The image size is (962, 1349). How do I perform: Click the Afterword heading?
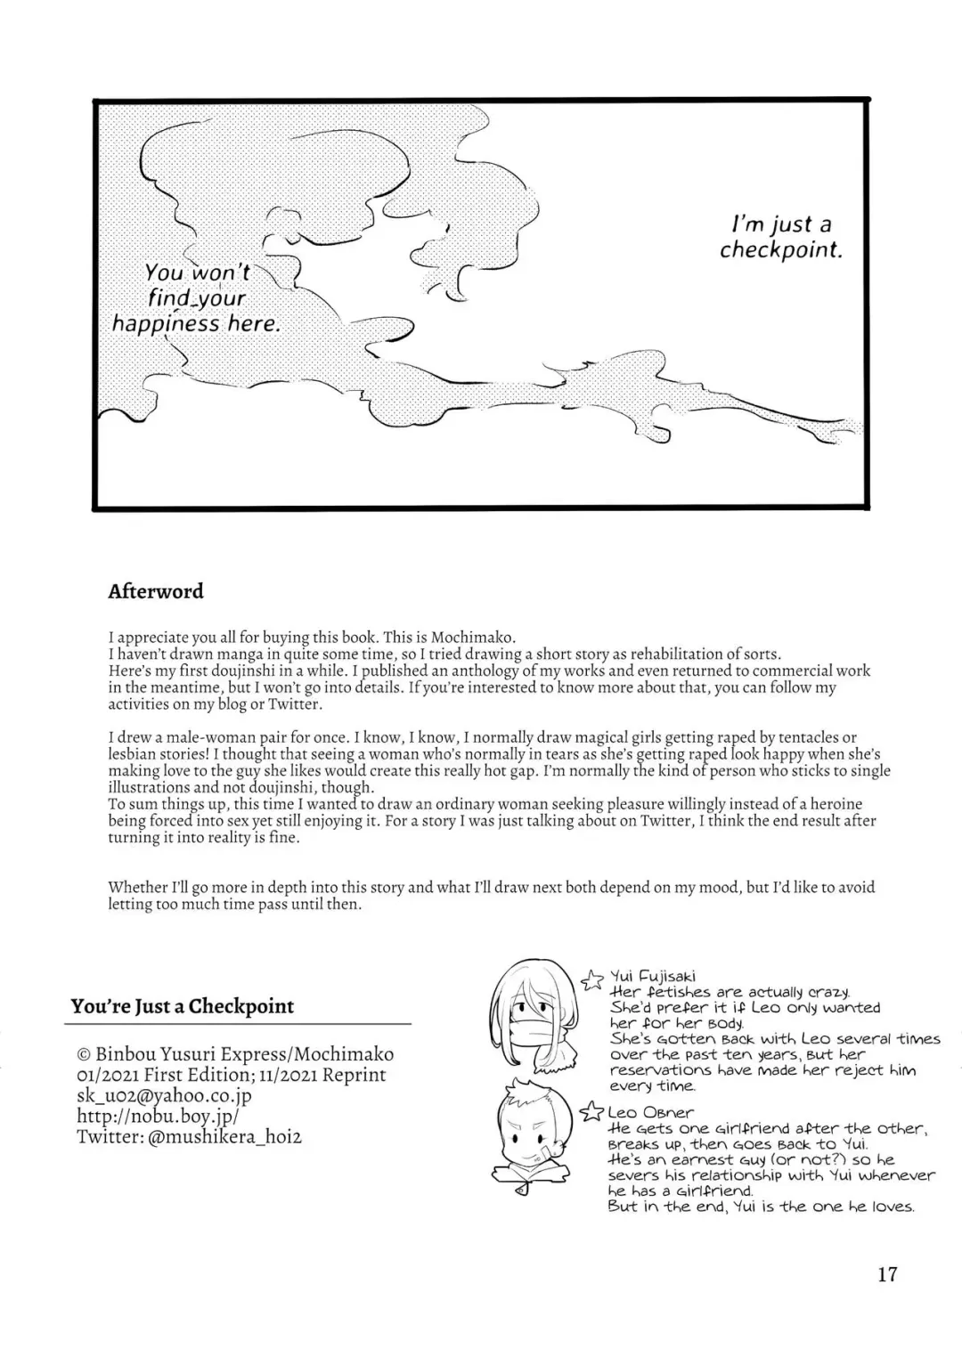(155, 591)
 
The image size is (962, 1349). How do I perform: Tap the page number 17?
(887, 1274)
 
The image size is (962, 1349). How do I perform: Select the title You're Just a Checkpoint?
(183, 1006)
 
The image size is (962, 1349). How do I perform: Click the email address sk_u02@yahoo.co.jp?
(164, 1095)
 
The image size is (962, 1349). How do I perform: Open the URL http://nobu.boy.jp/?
(158, 1116)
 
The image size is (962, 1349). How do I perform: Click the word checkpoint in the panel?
(780, 250)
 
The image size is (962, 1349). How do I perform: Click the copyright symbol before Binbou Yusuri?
(84, 1055)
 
